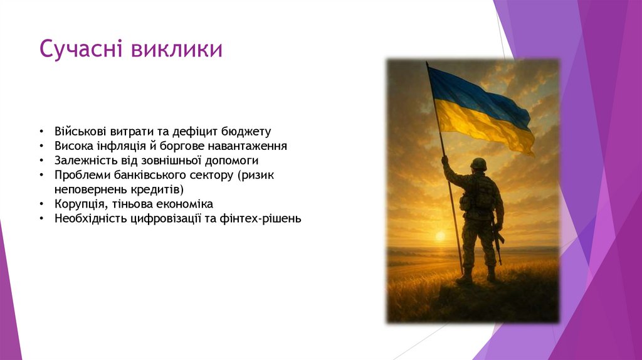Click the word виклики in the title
point(177,50)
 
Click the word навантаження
point(249,146)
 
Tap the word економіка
point(185,204)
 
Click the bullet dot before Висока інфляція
point(41,147)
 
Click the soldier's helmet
point(478,164)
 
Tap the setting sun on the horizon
point(439,236)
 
